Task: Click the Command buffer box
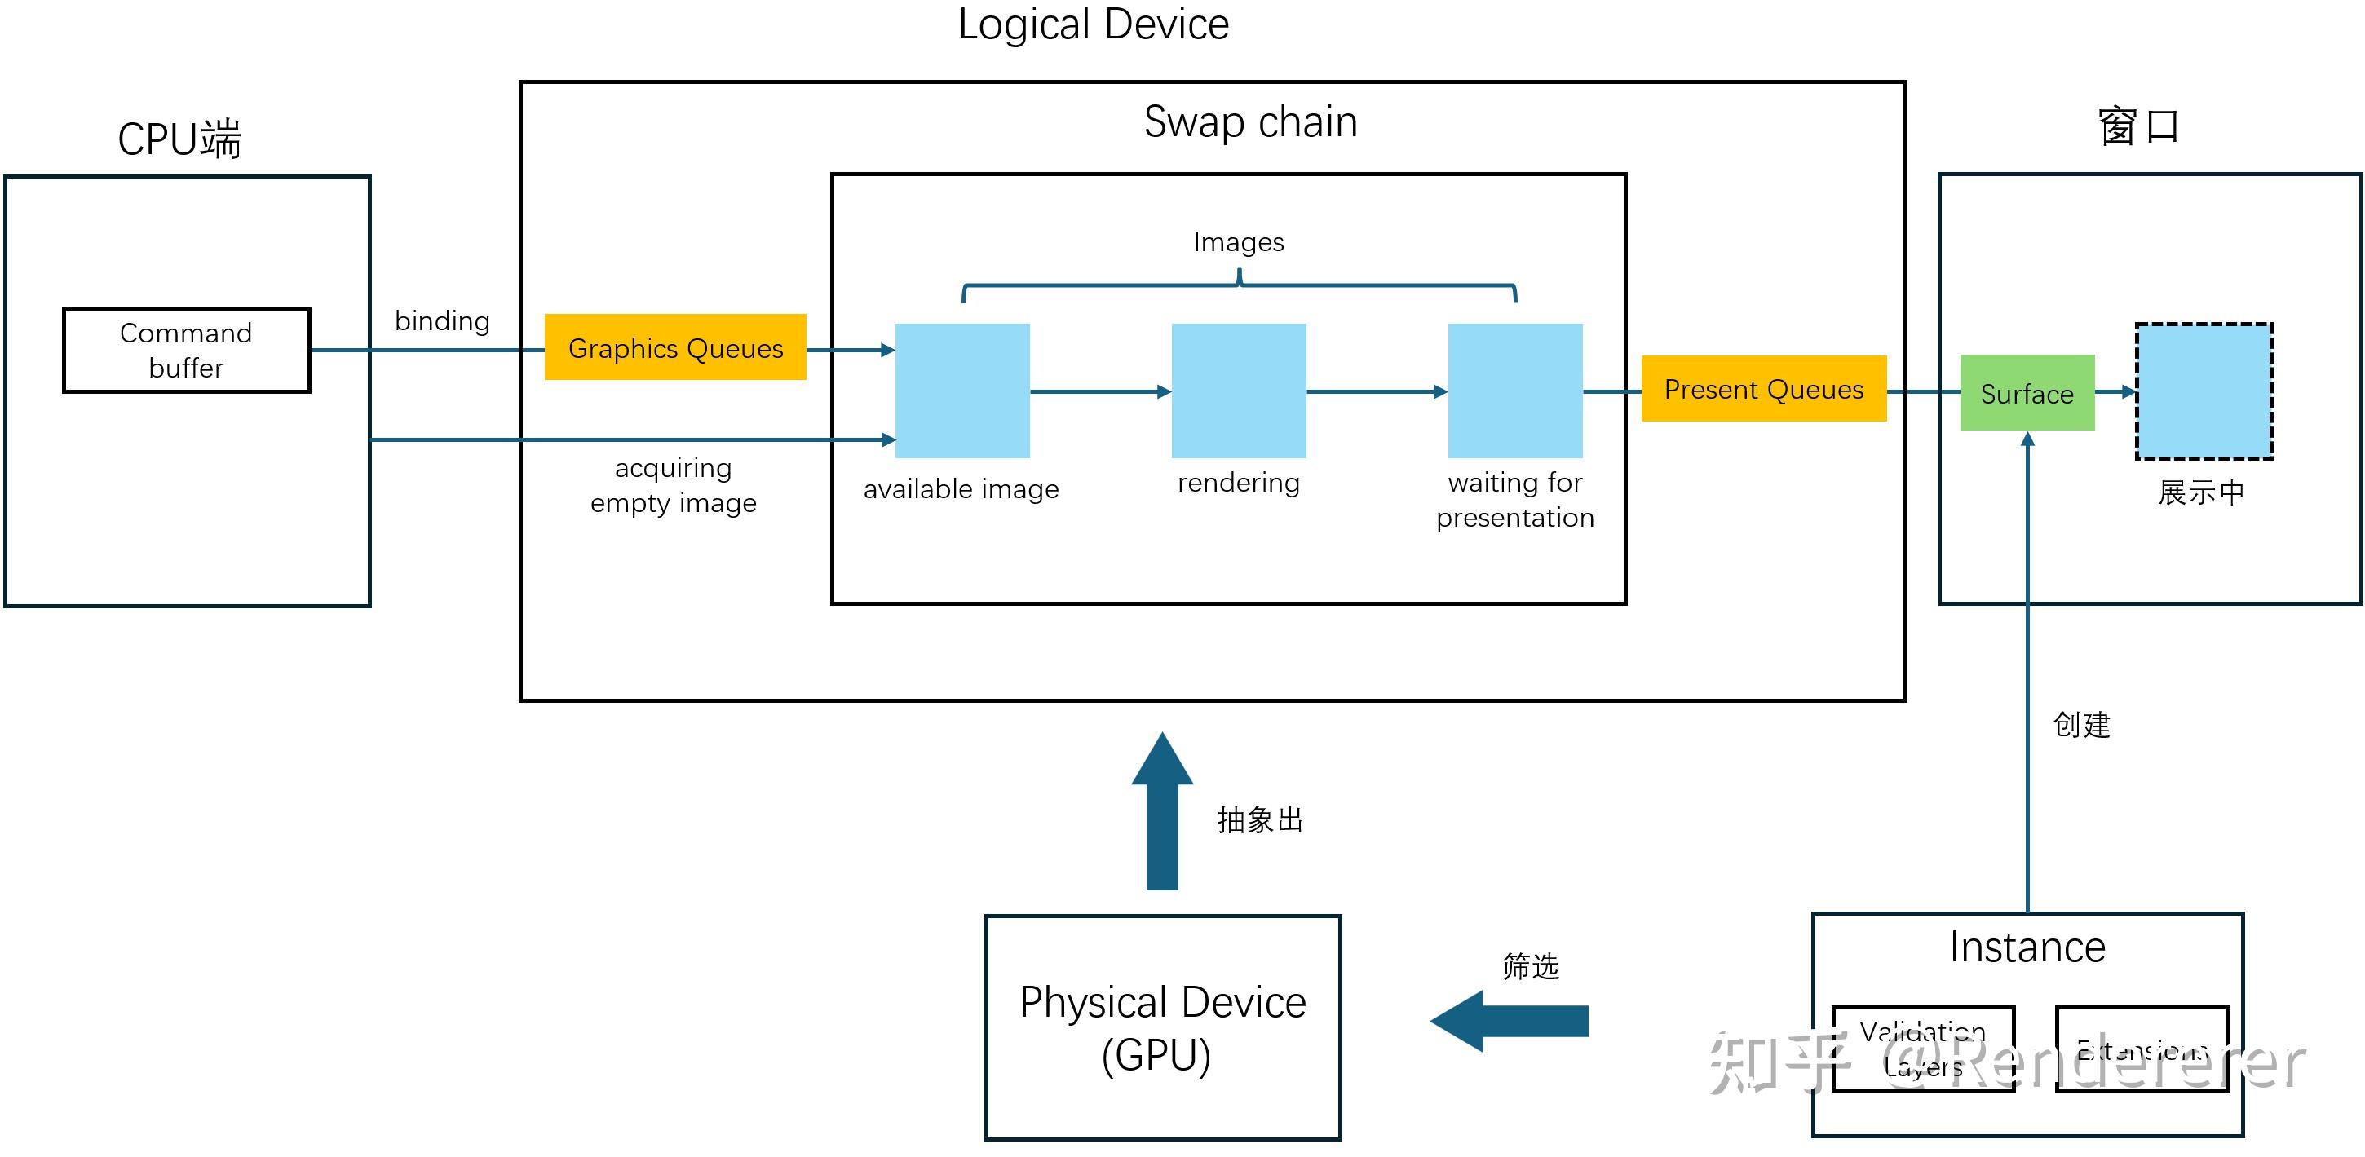187,350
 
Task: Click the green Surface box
2027,393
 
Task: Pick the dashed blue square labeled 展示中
2203,391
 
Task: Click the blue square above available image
961,391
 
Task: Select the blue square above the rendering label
1238,391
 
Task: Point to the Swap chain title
1249,121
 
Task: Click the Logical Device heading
1093,24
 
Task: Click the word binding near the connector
441,320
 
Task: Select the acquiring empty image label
673,485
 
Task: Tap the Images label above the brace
1238,241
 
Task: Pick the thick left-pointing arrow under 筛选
1510,1020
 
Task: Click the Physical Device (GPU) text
1161,1027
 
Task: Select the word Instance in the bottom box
2027,947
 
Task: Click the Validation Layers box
1922,1049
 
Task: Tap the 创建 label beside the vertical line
2080,725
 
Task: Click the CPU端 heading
179,139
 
